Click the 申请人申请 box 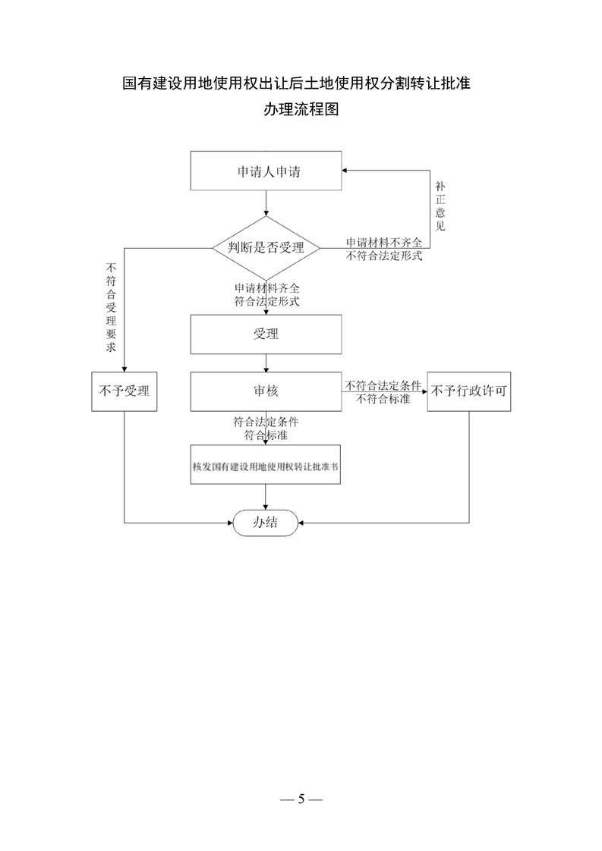266,171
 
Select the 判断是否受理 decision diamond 266,248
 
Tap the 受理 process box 266,334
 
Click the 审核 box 266,391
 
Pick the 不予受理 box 124,391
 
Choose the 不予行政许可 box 469,391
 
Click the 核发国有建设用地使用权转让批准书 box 266,465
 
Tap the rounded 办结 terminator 266,523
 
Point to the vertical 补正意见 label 440,207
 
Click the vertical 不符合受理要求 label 112,307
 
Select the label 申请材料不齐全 384,243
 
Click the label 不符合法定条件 383,385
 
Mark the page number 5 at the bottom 301,799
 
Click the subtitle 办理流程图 301,109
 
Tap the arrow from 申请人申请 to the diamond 266,203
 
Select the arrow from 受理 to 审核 266,363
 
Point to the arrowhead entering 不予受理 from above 124,369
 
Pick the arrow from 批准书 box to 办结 266,497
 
